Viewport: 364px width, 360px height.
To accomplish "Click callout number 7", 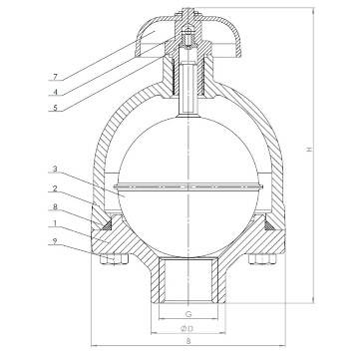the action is point(56,77).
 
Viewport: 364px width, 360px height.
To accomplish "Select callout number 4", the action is point(56,92).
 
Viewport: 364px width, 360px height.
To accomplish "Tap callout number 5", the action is point(56,108).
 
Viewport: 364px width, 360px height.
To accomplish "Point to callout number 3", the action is point(56,170).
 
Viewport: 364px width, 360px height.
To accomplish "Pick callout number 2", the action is point(56,188).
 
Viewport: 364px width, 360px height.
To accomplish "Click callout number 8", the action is point(56,206).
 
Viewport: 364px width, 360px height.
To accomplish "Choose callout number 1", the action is point(56,223).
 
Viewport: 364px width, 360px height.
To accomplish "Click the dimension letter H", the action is point(309,150).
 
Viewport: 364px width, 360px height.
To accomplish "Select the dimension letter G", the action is point(188,313).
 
